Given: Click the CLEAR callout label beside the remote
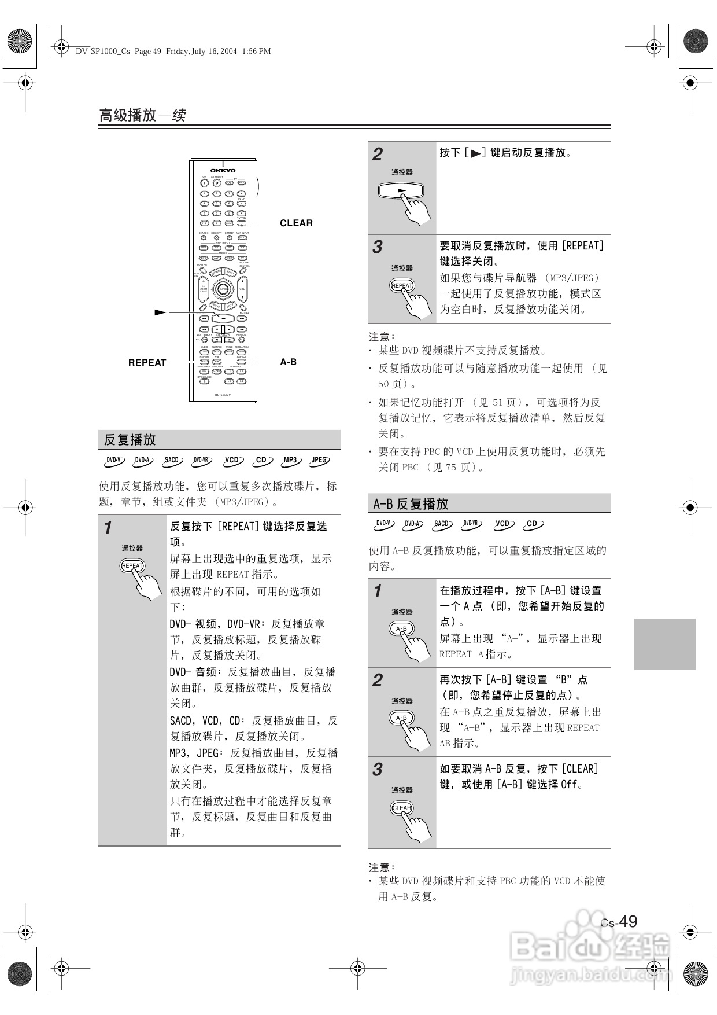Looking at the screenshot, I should click(x=296, y=223).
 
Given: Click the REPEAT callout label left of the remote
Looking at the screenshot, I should click(x=147, y=362).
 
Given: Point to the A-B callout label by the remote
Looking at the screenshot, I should click(x=288, y=362).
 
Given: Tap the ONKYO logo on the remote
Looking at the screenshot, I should click(x=223, y=170).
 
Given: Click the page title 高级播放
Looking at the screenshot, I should click(x=128, y=115).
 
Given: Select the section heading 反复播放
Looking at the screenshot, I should click(x=130, y=440).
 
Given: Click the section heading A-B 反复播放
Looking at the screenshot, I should click(x=411, y=504).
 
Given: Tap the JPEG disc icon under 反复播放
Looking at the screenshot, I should click(x=319, y=461).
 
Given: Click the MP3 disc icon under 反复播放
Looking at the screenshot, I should click(x=290, y=461).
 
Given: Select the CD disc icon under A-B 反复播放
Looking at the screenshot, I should click(x=533, y=524).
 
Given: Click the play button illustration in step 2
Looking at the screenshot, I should click(x=401, y=190).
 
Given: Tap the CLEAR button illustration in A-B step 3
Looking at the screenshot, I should click(x=401, y=808).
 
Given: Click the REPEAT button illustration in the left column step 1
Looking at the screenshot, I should click(x=132, y=565).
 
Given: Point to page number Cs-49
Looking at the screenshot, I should click(x=619, y=922).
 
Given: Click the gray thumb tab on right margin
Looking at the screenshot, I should click(x=664, y=643).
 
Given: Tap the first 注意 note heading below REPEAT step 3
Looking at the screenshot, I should click(x=382, y=337).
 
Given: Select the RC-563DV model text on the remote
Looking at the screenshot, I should click(x=223, y=395).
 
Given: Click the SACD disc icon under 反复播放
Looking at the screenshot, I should click(x=172, y=461).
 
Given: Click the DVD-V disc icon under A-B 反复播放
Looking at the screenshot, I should click(x=383, y=524).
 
